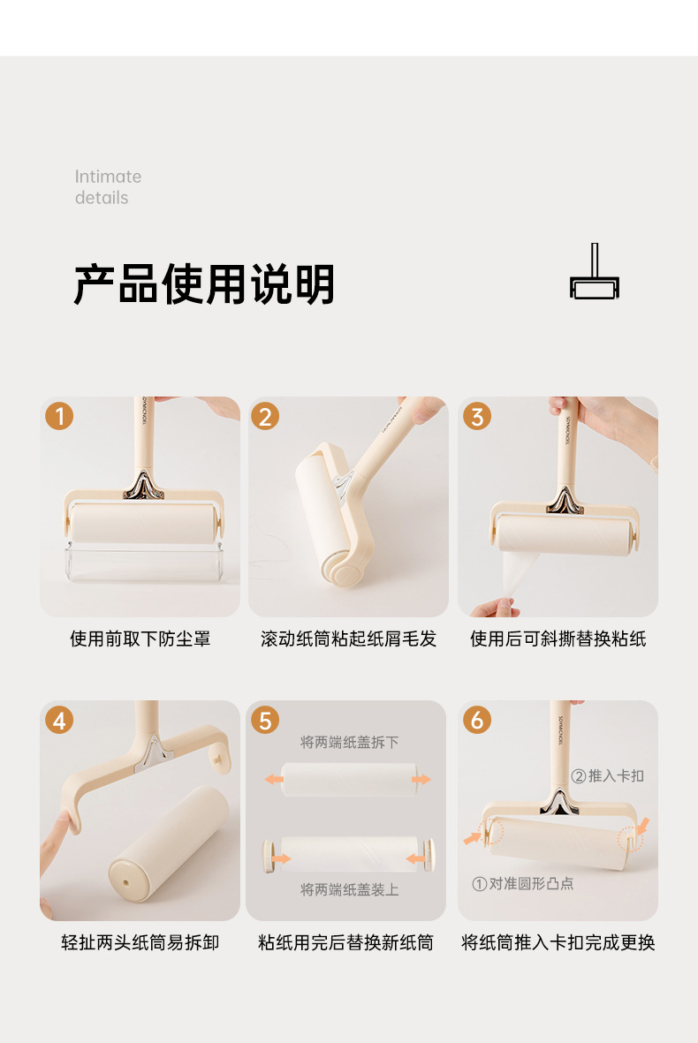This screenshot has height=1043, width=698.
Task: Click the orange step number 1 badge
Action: pos(59,416)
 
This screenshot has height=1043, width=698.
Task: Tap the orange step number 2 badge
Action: pos(265,416)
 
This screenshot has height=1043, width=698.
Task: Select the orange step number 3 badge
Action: pos(477,416)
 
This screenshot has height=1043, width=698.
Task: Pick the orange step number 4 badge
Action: pos(59,721)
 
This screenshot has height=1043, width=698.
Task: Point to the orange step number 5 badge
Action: pos(265,721)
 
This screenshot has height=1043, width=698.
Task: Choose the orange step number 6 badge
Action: pos(477,721)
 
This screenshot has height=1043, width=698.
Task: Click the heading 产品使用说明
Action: pos(204,284)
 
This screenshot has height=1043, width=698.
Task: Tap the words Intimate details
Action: pos(108,187)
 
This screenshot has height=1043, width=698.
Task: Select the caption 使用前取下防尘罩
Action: pos(140,639)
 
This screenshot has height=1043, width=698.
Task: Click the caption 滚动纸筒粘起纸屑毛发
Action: pos(349,639)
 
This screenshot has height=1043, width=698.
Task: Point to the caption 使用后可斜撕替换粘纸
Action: pos(558,639)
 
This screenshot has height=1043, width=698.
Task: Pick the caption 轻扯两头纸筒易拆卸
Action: pos(140,942)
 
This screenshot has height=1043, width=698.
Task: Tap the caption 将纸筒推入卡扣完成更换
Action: pos(558,942)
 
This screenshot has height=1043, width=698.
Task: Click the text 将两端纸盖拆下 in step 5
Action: pos(349,743)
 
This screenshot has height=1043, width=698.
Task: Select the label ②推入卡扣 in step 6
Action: pos(608,776)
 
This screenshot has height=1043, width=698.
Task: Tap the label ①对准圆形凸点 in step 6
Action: pos(523,884)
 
